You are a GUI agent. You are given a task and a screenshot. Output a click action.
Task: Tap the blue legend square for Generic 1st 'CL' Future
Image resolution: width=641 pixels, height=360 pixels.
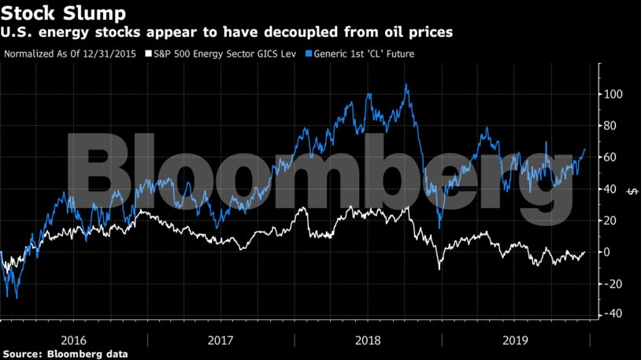pos(309,54)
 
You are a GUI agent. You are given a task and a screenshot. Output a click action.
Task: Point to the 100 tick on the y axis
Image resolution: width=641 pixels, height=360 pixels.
pos(614,95)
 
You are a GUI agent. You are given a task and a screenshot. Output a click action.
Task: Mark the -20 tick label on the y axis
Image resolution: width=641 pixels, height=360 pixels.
pos(613,284)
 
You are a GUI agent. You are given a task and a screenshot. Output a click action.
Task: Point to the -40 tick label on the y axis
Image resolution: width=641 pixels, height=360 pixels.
pos(613,314)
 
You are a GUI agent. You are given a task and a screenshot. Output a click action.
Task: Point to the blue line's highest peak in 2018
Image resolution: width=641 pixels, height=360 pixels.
pos(406,84)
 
